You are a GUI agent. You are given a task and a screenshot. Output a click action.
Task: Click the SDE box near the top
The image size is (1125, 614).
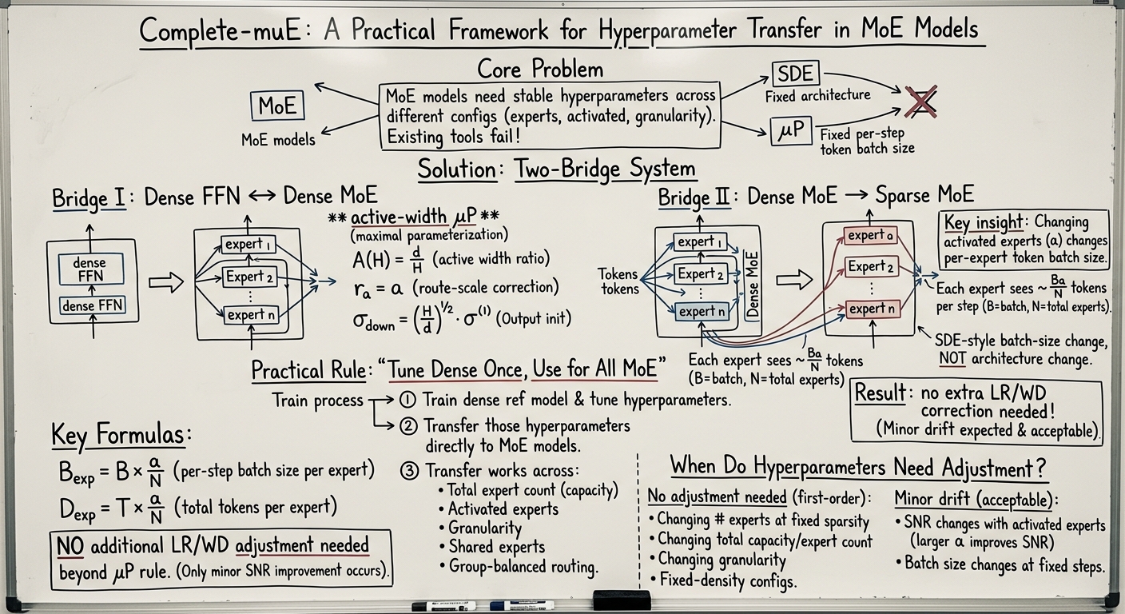pyautogui.click(x=796, y=74)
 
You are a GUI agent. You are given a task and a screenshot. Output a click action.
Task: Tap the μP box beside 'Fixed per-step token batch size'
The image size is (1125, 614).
pyautogui.click(x=791, y=130)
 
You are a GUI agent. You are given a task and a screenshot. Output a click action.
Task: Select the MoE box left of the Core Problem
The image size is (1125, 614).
pyautogui.click(x=277, y=106)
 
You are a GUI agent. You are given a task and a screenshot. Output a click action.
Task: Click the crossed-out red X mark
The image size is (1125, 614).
pyautogui.click(x=921, y=102)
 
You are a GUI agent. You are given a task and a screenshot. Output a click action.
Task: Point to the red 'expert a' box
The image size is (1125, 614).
pyautogui.click(x=870, y=235)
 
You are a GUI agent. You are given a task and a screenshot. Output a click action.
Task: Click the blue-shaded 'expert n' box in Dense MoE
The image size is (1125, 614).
pyautogui.click(x=701, y=312)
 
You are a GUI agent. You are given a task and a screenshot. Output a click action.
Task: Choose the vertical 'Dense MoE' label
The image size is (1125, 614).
pyautogui.click(x=752, y=285)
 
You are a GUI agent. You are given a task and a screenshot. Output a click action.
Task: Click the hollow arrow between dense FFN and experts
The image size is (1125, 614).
pyautogui.click(x=166, y=282)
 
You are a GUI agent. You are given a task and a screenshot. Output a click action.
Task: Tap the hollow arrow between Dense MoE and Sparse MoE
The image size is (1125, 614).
pyautogui.click(x=794, y=279)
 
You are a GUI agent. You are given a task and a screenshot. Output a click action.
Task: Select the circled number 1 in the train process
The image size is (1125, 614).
pyautogui.click(x=407, y=400)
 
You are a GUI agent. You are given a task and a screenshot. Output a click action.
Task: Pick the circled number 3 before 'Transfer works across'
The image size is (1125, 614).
pyautogui.click(x=409, y=471)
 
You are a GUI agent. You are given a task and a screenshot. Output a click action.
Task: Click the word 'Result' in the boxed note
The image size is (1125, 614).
pyautogui.click(x=880, y=392)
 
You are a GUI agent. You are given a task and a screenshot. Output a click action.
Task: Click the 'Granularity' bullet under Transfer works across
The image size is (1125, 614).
pyautogui.click(x=481, y=528)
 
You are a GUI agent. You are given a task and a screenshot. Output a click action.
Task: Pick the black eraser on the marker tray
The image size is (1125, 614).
pyautogui.click(x=622, y=600)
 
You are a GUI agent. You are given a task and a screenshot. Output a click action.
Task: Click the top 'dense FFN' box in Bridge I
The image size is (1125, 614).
pyautogui.click(x=90, y=269)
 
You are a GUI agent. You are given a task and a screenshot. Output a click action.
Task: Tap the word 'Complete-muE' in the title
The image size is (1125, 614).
pyautogui.click(x=220, y=31)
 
